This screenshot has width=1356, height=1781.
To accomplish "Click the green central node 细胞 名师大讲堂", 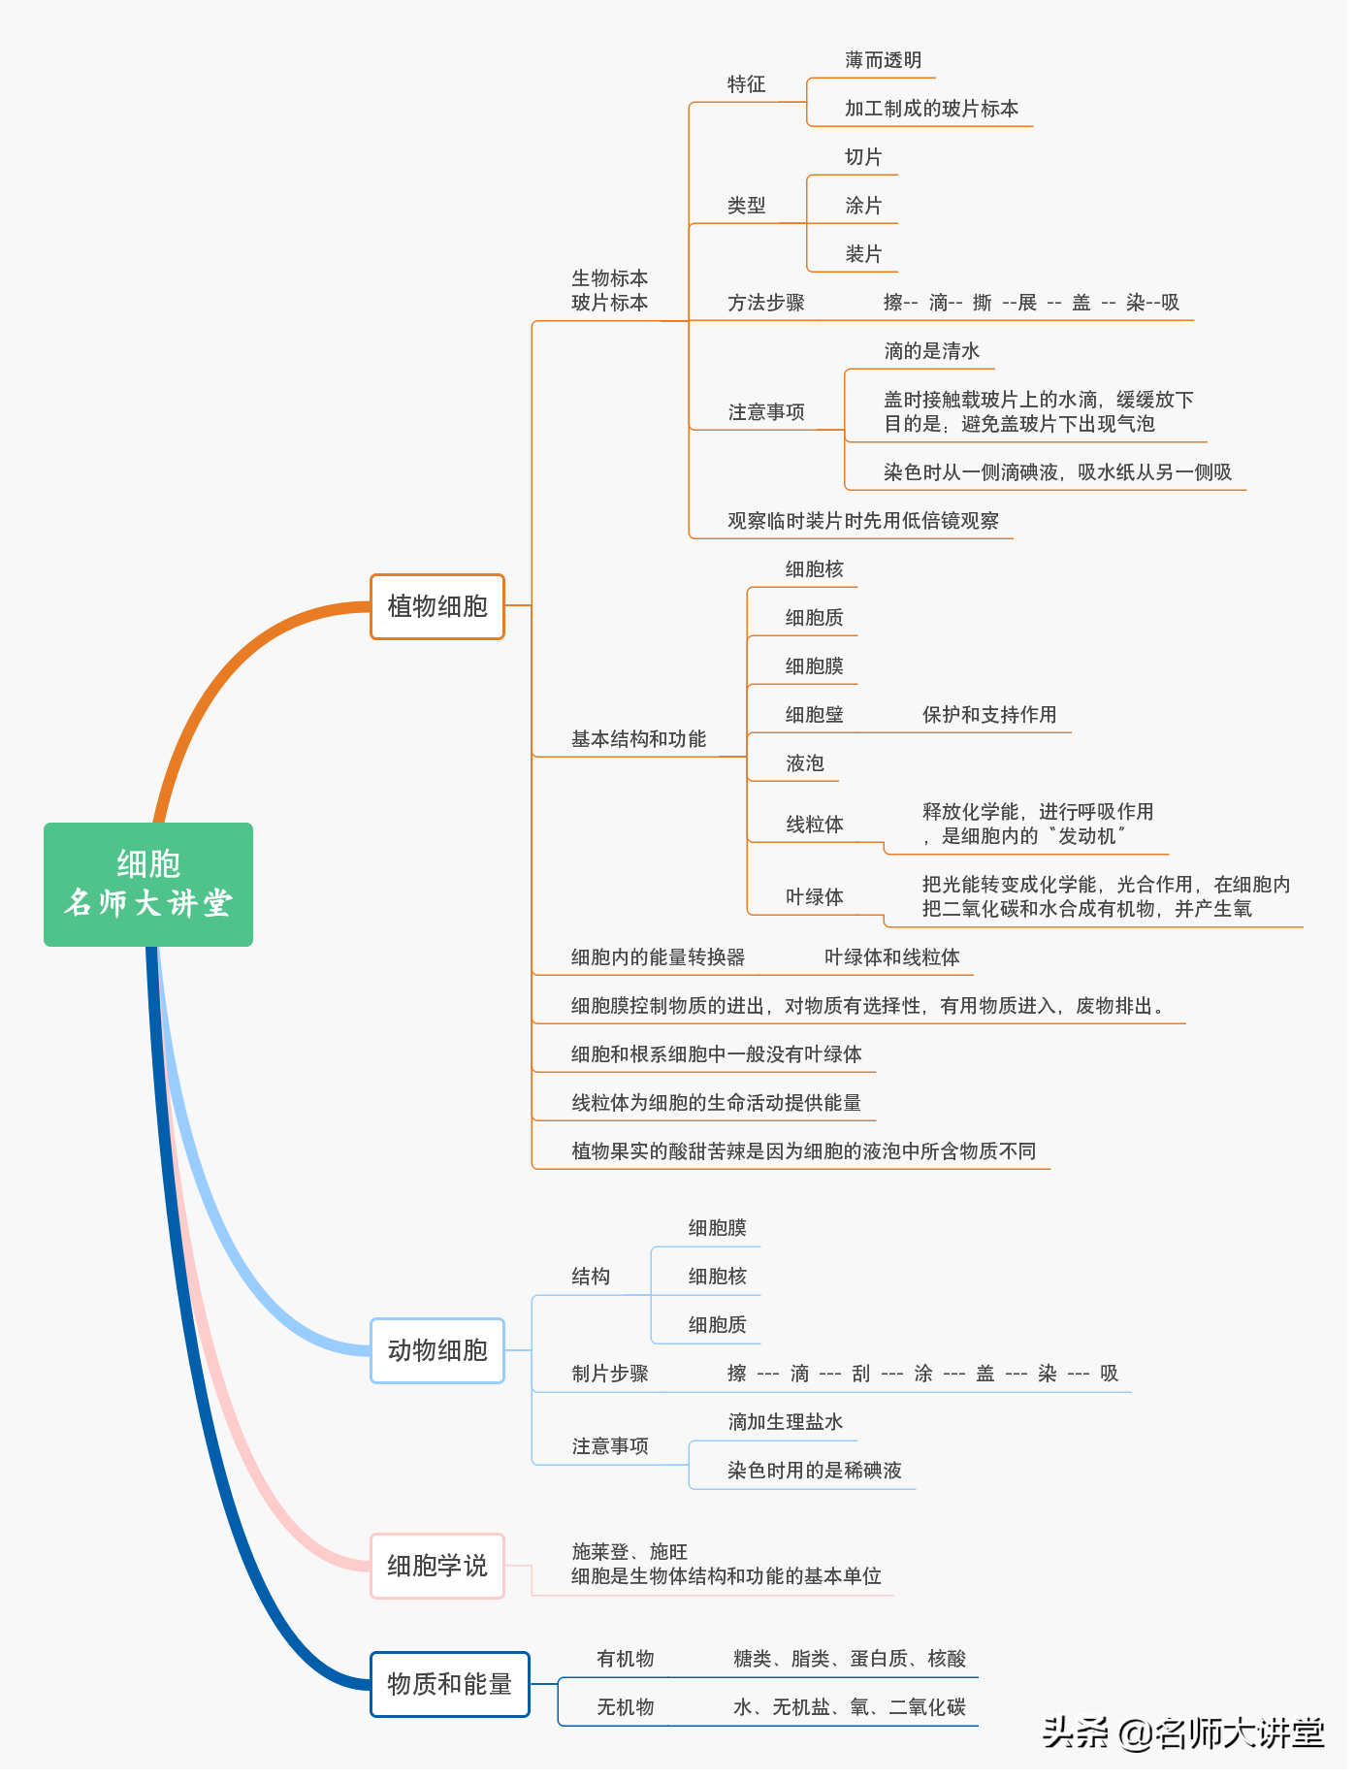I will click(x=148, y=884).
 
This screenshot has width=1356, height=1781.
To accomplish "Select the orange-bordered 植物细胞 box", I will click(x=437, y=606).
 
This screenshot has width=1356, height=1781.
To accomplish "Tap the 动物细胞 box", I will click(x=437, y=1350).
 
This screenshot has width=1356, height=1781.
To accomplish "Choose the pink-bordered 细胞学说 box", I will click(x=437, y=1566).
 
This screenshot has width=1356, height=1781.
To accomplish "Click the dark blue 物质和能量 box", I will click(x=449, y=1684).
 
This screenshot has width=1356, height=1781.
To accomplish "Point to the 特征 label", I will click(x=747, y=84).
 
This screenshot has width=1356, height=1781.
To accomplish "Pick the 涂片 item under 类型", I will click(x=863, y=206).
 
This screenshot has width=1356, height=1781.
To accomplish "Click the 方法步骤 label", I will click(x=766, y=303).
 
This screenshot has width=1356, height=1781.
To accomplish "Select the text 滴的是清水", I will click(x=931, y=351).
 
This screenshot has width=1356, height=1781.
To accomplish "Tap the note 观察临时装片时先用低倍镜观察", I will click(x=863, y=521).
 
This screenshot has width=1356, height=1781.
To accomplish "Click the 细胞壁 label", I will click(x=814, y=715).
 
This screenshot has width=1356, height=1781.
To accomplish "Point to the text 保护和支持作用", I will click(x=989, y=715).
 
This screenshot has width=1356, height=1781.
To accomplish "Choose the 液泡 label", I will click(x=804, y=763).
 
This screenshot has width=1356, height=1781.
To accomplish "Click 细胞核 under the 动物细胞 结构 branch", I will click(x=717, y=1277).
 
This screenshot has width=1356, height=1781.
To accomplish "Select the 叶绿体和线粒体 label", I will click(x=891, y=957).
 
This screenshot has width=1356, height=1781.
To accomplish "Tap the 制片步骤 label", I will click(x=610, y=1374).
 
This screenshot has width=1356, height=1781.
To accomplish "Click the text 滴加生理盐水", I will click(x=786, y=1422).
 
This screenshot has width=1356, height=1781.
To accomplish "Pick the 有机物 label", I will click(x=626, y=1659).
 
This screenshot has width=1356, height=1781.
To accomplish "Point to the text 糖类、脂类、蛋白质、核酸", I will click(x=850, y=1659).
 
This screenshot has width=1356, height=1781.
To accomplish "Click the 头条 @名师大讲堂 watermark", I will click(x=1183, y=1732).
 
